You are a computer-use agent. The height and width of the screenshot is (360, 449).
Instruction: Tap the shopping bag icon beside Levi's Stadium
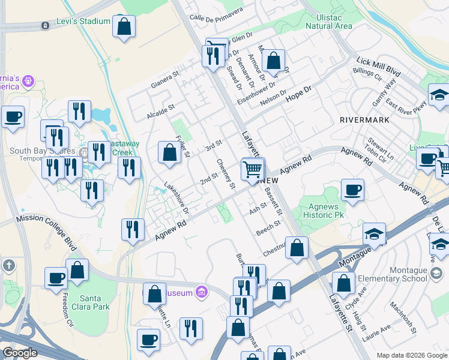[x=124, y=27]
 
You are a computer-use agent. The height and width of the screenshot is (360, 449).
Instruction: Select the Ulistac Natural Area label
[x=328, y=22]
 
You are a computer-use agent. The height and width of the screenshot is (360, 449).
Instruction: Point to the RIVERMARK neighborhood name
[x=364, y=120]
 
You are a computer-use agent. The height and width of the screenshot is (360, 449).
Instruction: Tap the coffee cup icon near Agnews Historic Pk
[x=352, y=191]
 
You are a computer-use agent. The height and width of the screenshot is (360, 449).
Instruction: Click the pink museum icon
[x=202, y=293]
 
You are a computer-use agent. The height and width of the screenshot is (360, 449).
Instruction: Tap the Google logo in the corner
[x=20, y=353]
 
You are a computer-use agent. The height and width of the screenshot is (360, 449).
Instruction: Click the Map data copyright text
[x=412, y=355]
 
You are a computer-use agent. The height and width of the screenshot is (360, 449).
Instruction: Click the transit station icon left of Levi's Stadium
[x=44, y=26]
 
